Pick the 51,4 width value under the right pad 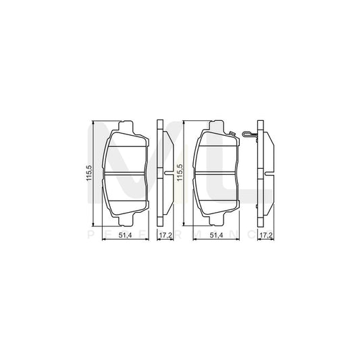point(215,234)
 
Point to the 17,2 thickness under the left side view point(164,234)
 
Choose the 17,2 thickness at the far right point(265,234)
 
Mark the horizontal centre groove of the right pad point(215,174)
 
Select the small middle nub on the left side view point(167,174)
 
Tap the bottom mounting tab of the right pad point(215,222)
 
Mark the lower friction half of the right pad point(215,196)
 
